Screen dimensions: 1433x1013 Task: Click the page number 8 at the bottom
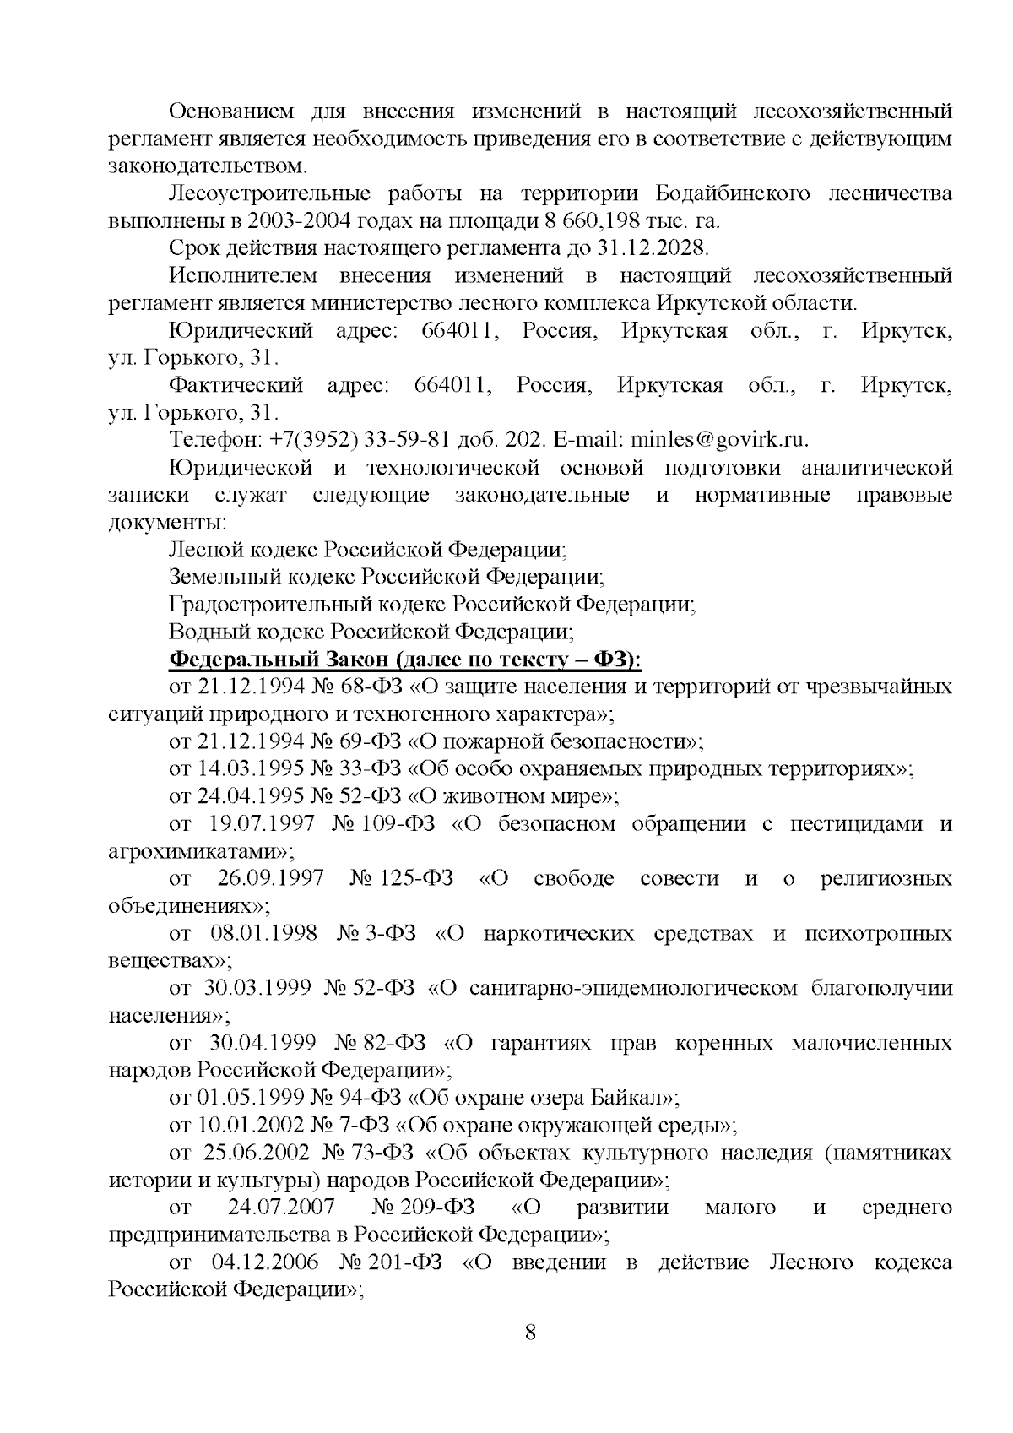(530, 1333)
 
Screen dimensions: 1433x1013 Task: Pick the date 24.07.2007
(281, 1208)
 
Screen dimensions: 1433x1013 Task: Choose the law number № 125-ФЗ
(400, 878)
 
